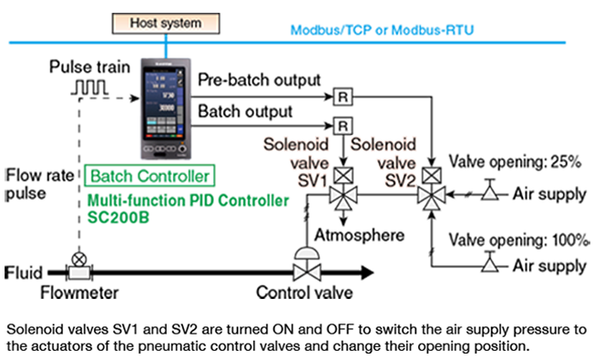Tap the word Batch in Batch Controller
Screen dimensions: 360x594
click(x=108, y=176)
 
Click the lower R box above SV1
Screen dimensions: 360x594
click(x=343, y=125)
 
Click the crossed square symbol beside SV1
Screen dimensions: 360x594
click(x=343, y=176)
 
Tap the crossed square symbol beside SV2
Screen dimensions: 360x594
click(x=431, y=175)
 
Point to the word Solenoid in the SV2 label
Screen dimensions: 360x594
click(x=383, y=145)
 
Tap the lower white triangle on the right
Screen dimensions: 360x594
click(x=490, y=265)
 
